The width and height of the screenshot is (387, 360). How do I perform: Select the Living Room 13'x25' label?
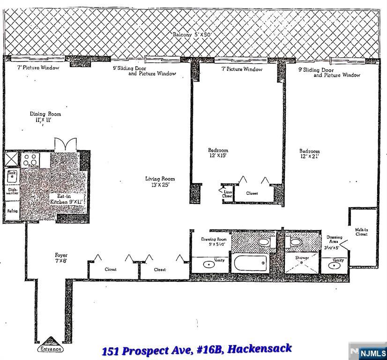pos(160,181)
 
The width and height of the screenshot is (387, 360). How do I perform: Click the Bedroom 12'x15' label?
pos(218,153)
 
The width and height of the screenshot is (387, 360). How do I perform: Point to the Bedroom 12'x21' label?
pos(310,154)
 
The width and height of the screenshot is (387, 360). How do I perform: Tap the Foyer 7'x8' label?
pos(61,258)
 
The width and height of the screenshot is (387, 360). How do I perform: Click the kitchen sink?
pos(11,177)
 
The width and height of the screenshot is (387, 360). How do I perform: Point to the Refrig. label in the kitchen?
pos(12,211)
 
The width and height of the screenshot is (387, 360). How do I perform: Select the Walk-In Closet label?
pos(361,232)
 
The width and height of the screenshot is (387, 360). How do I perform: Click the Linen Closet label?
pos(226,193)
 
